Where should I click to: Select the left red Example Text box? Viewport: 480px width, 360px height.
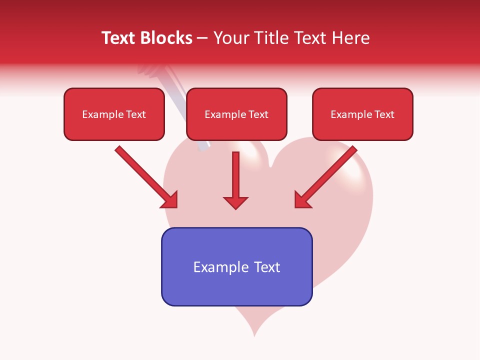coord(114,114)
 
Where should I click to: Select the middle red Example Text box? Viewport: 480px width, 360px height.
coord(236,114)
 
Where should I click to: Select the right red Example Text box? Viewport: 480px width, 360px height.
coord(362,114)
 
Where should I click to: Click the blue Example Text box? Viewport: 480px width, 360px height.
coord(236,266)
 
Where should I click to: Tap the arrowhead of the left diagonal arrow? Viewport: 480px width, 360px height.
coord(170,200)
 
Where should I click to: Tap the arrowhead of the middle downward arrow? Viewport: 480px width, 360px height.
coord(235,202)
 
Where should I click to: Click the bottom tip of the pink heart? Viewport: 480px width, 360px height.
coord(254,333)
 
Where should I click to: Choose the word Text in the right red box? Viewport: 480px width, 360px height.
coord(384,114)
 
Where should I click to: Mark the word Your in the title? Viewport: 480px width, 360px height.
coord(231,38)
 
